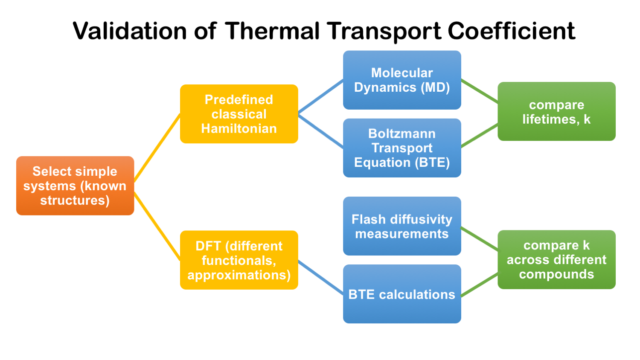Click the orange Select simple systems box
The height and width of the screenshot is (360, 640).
(75, 186)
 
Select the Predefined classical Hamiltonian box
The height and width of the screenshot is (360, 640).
(239, 114)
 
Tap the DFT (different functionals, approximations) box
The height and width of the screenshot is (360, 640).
(239, 260)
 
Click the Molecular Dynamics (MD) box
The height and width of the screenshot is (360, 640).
(402, 80)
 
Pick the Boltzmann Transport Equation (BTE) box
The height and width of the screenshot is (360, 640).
(402, 148)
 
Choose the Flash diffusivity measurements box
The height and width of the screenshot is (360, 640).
(402, 226)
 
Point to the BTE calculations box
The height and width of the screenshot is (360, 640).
(402, 294)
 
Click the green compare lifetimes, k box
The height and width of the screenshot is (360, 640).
(556, 111)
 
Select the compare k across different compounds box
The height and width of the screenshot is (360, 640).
(556, 260)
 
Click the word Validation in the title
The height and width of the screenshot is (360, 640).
(130, 31)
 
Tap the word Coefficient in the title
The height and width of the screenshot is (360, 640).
(511, 31)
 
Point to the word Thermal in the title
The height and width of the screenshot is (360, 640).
(273, 31)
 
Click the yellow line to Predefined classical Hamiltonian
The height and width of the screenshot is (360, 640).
(157, 148)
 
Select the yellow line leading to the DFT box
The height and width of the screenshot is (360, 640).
(157, 226)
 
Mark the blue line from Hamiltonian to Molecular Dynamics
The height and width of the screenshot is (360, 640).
(320, 97)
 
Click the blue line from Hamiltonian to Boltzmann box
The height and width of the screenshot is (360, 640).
(320, 131)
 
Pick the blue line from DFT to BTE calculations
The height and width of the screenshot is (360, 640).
(320, 277)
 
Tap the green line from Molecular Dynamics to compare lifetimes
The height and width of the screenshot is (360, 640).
(480, 91)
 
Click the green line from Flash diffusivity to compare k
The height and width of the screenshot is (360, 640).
(480, 238)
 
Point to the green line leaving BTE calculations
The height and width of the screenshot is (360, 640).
(480, 285)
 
